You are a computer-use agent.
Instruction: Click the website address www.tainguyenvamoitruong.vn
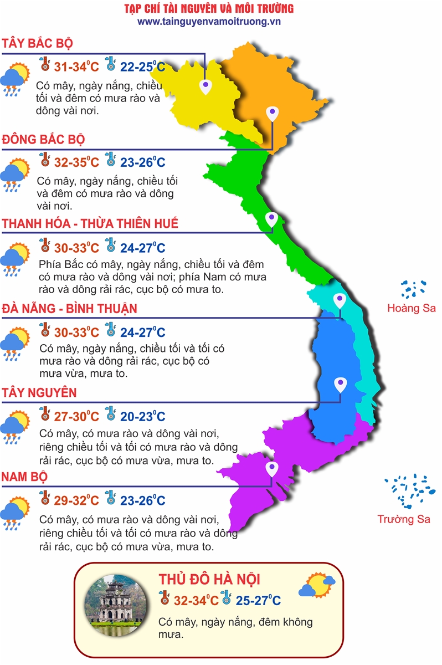tap(209, 22)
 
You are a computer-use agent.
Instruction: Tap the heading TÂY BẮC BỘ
tap(37, 44)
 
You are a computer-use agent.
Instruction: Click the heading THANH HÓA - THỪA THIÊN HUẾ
tap(90, 223)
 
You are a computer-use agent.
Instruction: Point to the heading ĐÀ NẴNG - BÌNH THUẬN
tap(70, 308)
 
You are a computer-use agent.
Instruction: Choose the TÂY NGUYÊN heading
tap(39, 392)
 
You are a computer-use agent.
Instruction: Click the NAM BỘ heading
tap(24, 477)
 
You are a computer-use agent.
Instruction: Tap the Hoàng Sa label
tap(412, 309)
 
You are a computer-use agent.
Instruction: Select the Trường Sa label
tap(404, 519)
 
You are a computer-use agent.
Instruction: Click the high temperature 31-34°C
tap(76, 67)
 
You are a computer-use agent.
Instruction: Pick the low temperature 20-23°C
tap(142, 416)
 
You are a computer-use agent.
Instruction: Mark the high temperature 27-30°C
tap(76, 416)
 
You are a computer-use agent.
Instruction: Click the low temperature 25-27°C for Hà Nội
tap(258, 600)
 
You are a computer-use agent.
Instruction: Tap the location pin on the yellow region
tap(206, 85)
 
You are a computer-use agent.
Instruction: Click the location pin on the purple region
tap(271, 470)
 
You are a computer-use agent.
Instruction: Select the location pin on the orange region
tap(271, 114)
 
